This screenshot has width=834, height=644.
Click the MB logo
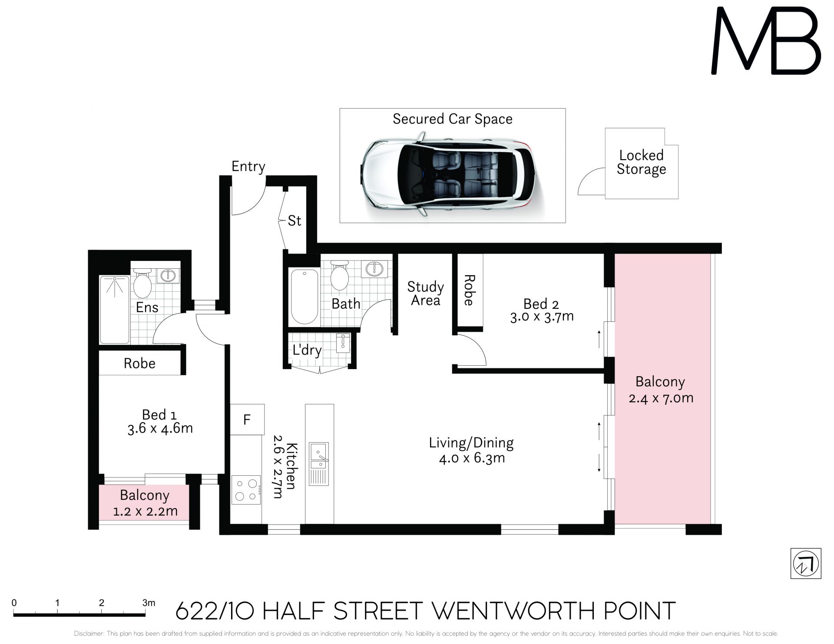click(x=766, y=41)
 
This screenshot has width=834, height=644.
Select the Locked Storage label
click(x=641, y=162)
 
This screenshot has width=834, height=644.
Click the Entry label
click(x=248, y=167)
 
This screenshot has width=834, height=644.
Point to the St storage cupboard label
click(x=295, y=221)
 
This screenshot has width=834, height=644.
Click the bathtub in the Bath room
click(x=304, y=297)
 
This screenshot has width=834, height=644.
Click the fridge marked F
click(x=247, y=419)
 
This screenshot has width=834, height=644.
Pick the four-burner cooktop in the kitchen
click(x=246, y=490)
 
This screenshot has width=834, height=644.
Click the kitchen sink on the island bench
click(x=319, y=464)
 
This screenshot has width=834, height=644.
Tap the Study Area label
click(x=425, y=294)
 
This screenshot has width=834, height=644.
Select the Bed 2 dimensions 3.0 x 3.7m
click(x=542, y=317)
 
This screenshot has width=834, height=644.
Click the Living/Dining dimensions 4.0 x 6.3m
click(x=472, y=458)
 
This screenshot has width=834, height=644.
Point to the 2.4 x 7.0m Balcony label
click(x=661, y=390)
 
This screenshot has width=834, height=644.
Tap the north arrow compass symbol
click(x=806, y=564)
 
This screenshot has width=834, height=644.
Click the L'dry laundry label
click(x=307, y=350)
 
